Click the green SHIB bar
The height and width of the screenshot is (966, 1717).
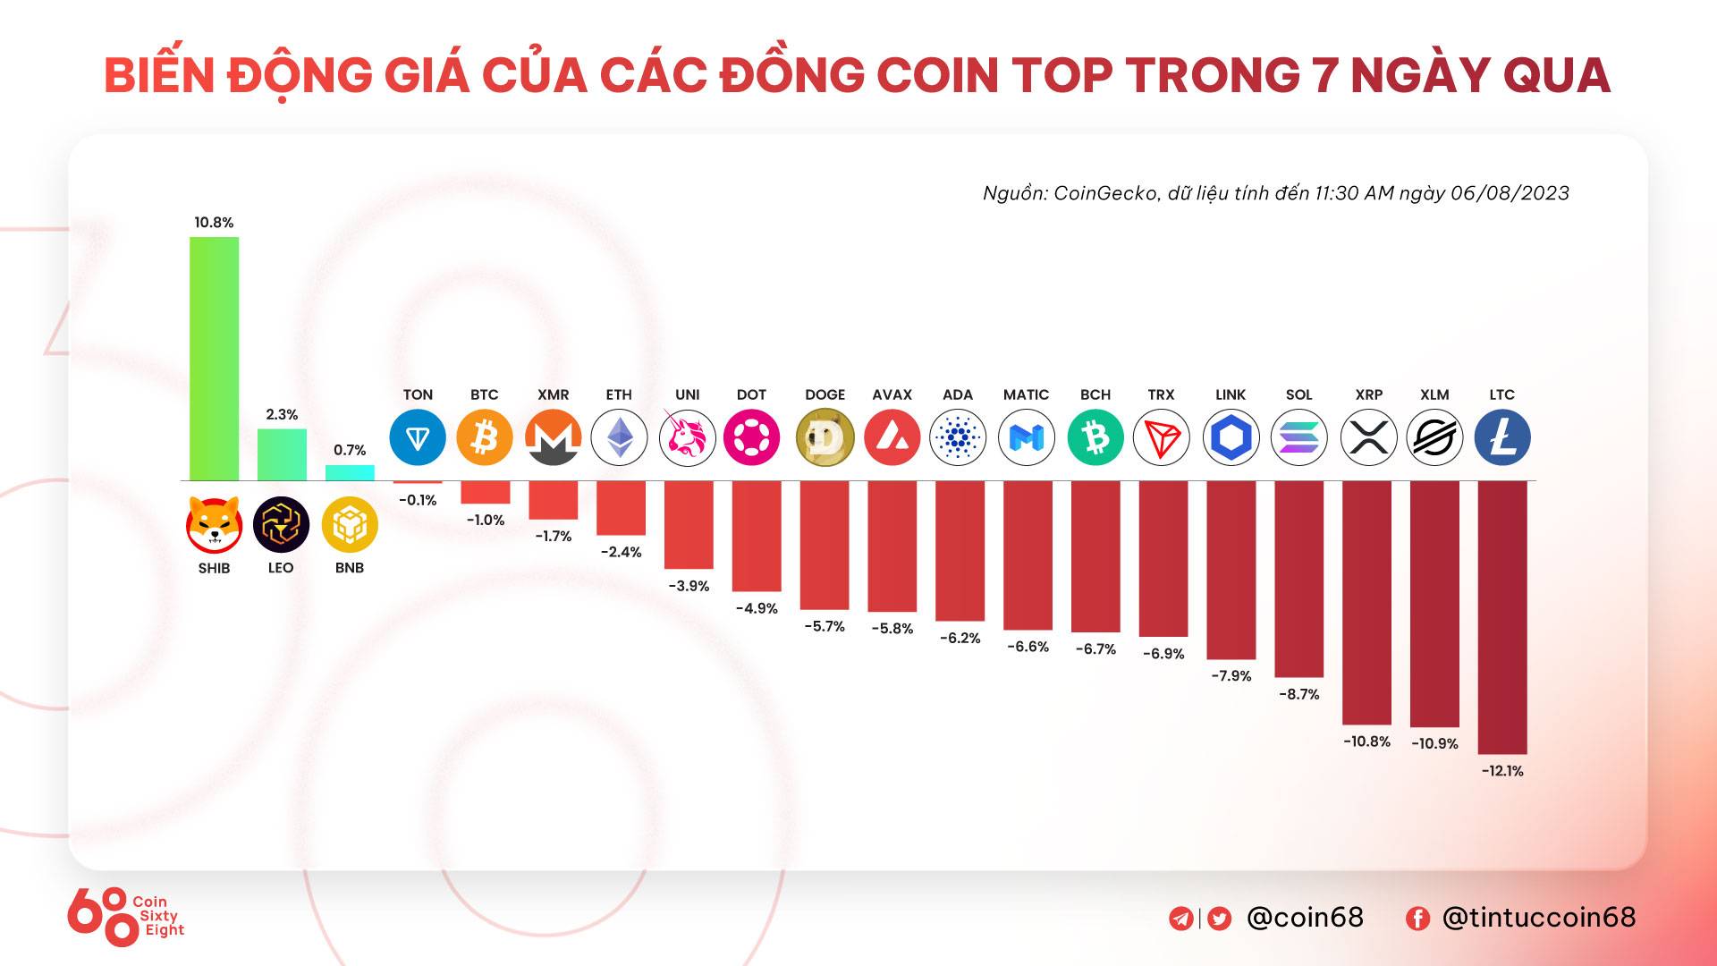(214, 358)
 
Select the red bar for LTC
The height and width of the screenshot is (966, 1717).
(1502, 617)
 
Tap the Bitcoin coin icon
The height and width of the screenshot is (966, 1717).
(485, 437)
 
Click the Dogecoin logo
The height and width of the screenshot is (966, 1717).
(825, 437)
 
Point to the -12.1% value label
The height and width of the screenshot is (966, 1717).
(1502, 771)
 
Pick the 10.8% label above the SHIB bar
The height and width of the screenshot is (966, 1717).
(214, 223)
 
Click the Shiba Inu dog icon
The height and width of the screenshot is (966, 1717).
(214, 524)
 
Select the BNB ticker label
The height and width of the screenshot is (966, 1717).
(350, 568)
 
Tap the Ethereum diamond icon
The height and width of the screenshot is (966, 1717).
(619, 437)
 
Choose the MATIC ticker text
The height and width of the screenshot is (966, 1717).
(1026, 394)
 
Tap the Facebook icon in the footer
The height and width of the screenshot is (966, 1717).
(1417, 919)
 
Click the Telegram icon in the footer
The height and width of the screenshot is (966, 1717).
(1180, 919)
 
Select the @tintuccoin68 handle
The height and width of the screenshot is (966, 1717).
(1539, 918)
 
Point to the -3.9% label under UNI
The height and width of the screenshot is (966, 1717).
(689, 586)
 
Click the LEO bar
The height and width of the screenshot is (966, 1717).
(282, 454)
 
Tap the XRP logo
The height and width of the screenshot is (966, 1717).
(1368, 437)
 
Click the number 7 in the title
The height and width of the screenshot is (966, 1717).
(1325, 75)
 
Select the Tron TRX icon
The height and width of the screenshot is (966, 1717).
(1162, 437)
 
